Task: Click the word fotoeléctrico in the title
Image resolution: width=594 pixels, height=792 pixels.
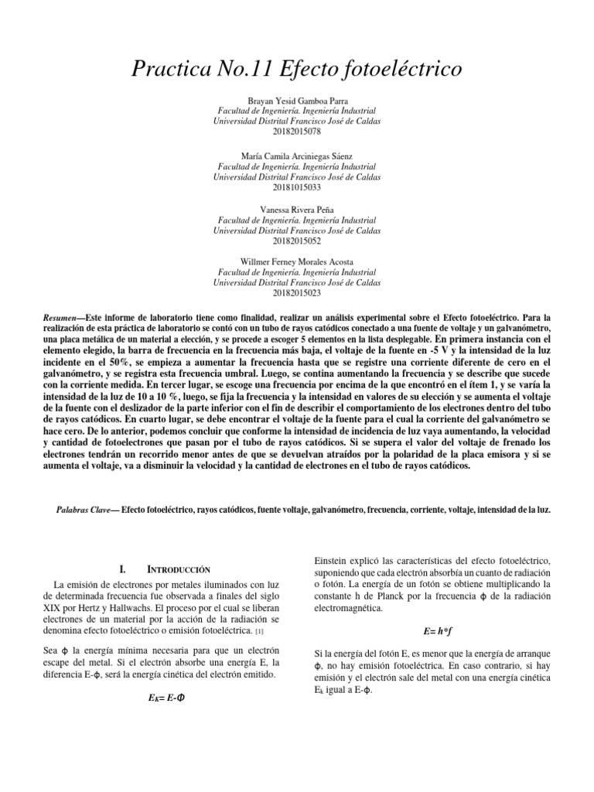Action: click(402, 70)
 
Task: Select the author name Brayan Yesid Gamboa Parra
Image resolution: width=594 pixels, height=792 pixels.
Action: click(296, 101)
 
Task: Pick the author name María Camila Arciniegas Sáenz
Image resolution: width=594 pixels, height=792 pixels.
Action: click(296, 155)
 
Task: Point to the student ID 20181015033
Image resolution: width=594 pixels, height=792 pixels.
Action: click(296, 186)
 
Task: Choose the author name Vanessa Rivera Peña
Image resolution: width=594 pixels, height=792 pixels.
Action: click(296, 210)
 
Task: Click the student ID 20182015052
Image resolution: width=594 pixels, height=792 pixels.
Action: click(296, 241)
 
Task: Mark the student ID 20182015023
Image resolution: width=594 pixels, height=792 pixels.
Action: click(296, 294)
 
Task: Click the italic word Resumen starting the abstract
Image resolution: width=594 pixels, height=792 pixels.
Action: click(63, 318)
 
